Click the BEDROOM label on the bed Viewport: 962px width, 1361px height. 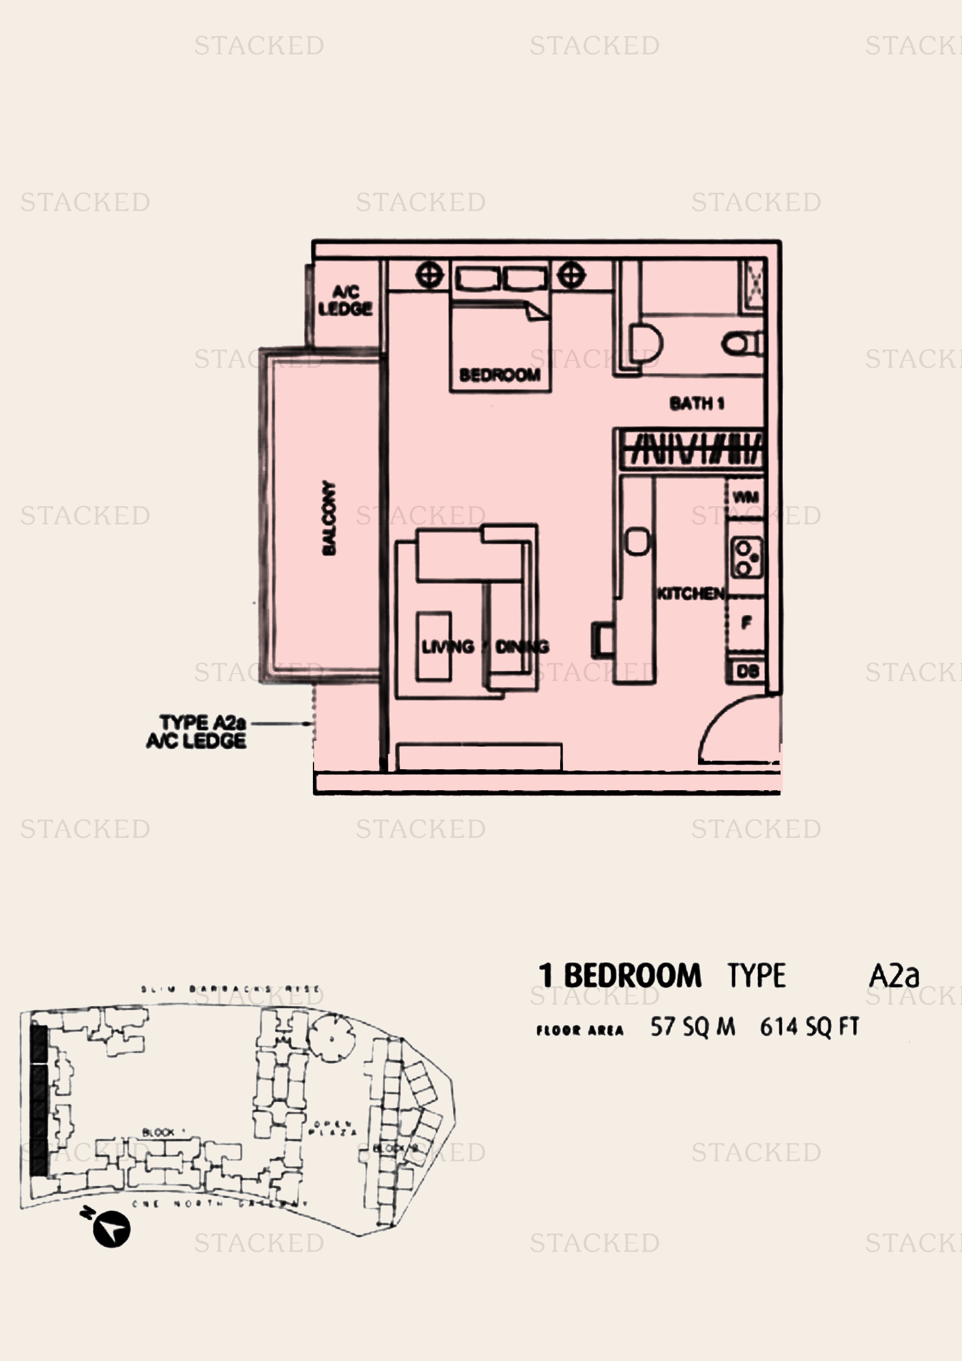click(x=500, y=375)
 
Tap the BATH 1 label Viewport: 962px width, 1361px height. click(x=696, y=404)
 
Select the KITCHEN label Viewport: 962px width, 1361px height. click(x=690, y=594)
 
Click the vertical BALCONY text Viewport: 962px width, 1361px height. click(x=329, y=518)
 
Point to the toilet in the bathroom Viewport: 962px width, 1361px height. click(x=741, y=343)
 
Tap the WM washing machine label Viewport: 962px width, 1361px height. click(x=745, y=497)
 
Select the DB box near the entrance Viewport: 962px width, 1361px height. click(x=747, y=671)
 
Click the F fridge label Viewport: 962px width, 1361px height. click(x=746, y=623)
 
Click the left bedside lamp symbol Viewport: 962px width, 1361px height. click(x=429, y=275)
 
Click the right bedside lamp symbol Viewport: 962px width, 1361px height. click(x=571, y=275)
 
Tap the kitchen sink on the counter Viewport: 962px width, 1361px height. click(x=637, y=541)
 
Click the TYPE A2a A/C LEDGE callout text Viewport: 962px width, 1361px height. click(x=197, y=731)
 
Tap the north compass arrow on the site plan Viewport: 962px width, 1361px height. click(x=111, y=1229)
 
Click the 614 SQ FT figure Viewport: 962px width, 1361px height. click(x=808, y=1026)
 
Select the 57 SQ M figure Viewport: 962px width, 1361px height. click(x=692, y=1026)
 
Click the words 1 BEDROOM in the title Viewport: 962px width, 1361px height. click(x=619, y=976)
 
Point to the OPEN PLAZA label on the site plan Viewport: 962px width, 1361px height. click(x=333, y=1128)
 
